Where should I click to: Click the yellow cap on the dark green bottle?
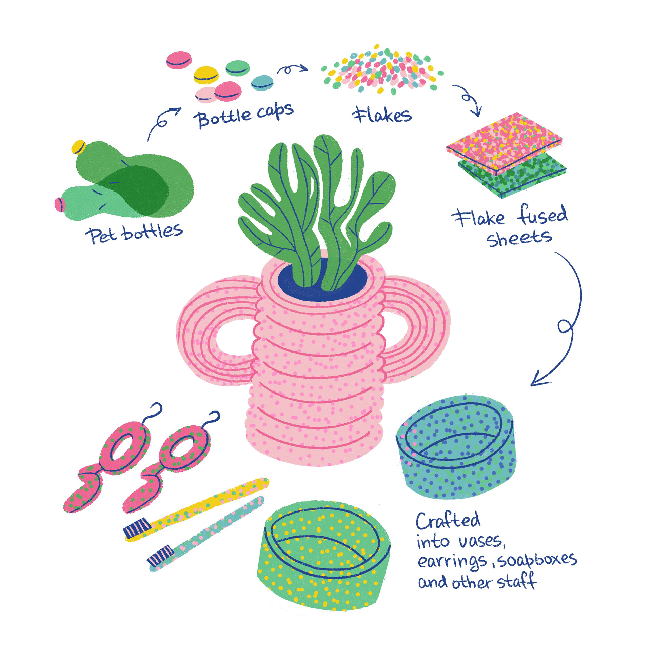click(x=78, y=147)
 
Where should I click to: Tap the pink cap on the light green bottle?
click(x=60, y=204)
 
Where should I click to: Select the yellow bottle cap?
click(x=206, y=75)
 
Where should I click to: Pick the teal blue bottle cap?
click(x=262, y=83)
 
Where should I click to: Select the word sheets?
click(x=519, y=238)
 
